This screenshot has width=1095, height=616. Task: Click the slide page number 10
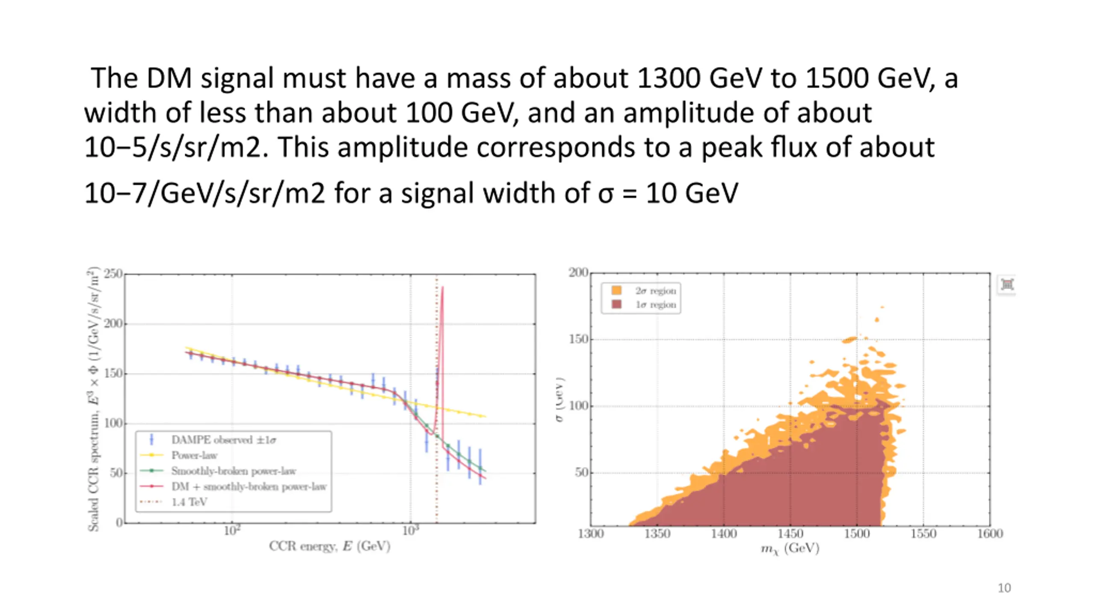click(x=1004, y=588)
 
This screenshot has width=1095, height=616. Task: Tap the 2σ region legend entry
click(x=655, y=291)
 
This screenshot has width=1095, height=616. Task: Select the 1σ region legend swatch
click(x=616, y=305)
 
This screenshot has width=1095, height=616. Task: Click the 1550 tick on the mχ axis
click(x=923, y=534)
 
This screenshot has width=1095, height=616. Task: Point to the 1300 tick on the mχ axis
click(x=591, y=534)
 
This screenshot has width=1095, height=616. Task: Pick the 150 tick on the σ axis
click(x=579, y=339)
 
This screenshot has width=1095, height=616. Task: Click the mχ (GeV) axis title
click(x=790, y=549)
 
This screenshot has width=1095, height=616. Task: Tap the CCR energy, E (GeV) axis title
click(x=329, y=546)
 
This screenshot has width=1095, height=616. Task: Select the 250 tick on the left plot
click(x=113, y=274)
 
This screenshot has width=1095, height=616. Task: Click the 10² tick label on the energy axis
click(x=232, y=531)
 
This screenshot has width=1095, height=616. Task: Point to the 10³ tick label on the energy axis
click(x=411, y=531)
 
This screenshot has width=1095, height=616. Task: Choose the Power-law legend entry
click(x=194, y=455)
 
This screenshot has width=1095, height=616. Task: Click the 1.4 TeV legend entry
click(x=189, y=502)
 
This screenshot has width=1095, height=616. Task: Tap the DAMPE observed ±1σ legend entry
click(x=223, y=440)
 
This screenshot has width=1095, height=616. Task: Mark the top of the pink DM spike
click(x=442, y=288)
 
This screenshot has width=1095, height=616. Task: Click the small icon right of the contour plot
click(x=1007, y=284)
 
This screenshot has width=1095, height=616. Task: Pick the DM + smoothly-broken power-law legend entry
click(x=249, y=486)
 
